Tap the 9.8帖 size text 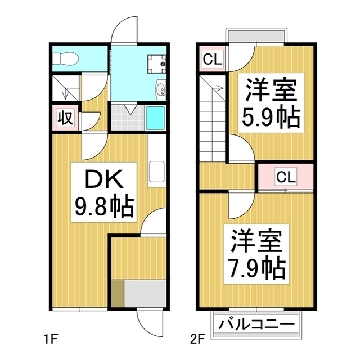105,208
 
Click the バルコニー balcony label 256,325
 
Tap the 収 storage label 65,118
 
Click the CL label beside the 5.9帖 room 212,58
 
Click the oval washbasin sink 160,90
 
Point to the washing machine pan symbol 155,64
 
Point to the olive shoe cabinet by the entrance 116,292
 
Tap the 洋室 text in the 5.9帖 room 270,91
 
